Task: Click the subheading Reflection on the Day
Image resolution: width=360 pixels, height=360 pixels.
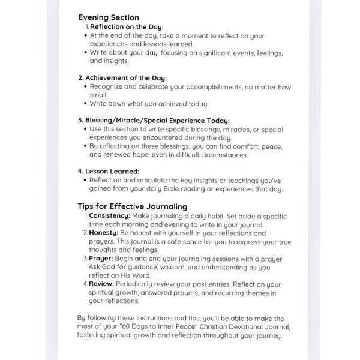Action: [126, 26]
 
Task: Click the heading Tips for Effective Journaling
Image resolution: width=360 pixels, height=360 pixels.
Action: [133, 206]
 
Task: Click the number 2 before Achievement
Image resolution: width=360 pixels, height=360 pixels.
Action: [80, 77]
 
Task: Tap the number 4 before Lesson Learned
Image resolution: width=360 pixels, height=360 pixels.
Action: [80, 171]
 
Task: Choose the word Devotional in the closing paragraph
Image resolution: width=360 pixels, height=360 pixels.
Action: [242, 327]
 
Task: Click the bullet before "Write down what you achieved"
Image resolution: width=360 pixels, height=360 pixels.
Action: [86, 104]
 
